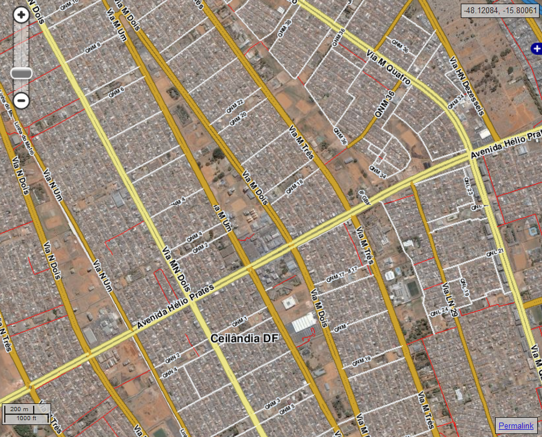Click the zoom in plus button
(x=21, y=15)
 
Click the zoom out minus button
(x=21, y=100)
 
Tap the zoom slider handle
(x=22, y=73)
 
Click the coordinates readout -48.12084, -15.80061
(x=499, y=10)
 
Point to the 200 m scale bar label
(x=19, y=409)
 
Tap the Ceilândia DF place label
(x=244, y=338)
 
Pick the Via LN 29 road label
(x=450, y=300)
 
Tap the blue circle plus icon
(x=535, y=49)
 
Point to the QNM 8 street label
(x=95, y=46)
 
